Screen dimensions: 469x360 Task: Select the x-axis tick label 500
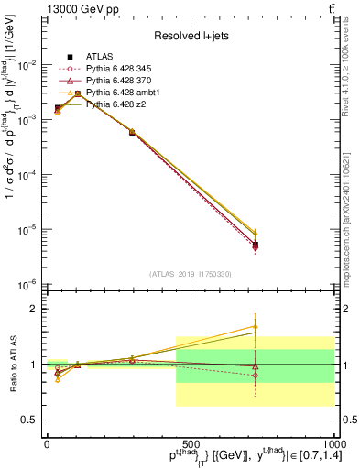coord(190,443)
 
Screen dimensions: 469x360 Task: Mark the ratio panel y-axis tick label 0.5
coord(30,420)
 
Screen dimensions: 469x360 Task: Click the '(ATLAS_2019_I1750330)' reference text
coord(190,274)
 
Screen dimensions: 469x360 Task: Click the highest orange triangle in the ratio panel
coord(256,327)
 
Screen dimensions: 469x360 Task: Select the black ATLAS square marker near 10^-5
coord(256,245)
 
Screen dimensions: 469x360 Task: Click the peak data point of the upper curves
coord(78,93)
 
